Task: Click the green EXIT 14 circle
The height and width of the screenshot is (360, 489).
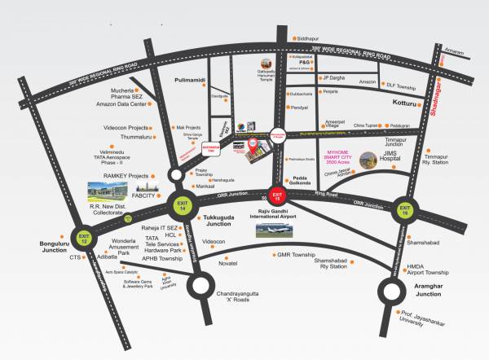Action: (x=181, y=203)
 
